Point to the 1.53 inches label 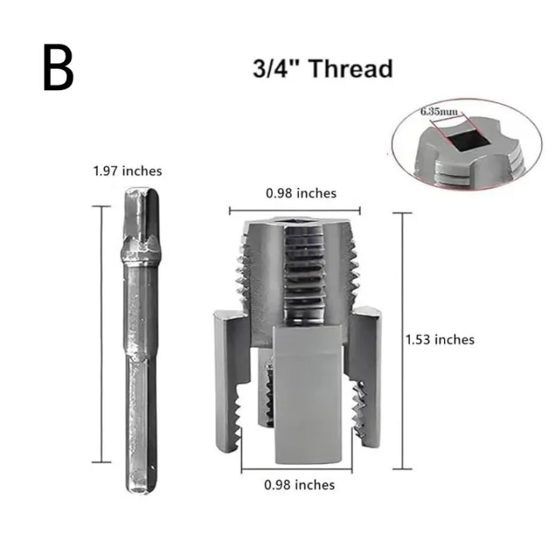440,339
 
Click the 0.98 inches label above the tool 301,193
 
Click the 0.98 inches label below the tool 299,485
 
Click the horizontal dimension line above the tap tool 301,209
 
